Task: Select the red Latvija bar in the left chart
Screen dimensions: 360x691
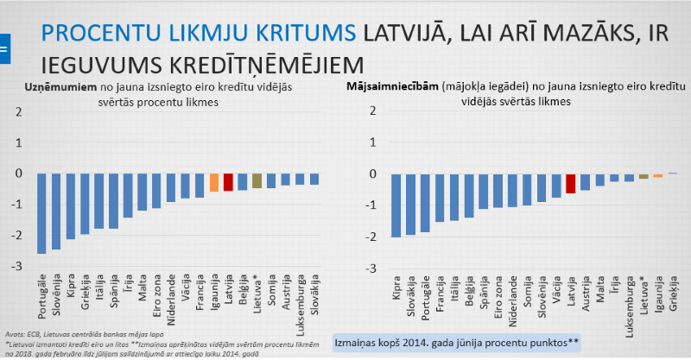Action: (x=228, y=181)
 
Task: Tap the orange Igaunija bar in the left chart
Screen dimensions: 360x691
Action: (x=213, y=182)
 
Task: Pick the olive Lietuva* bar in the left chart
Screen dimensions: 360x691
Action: (x=257, y=180)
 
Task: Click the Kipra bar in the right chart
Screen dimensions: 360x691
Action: (x=396, y=205)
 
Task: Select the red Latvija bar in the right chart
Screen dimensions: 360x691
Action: (x=570, y=183)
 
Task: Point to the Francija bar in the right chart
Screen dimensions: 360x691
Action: (x=440, y=197)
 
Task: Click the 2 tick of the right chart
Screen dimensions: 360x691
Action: (x=371, y=111)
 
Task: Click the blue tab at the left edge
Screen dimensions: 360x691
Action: (x=3, y=48)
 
